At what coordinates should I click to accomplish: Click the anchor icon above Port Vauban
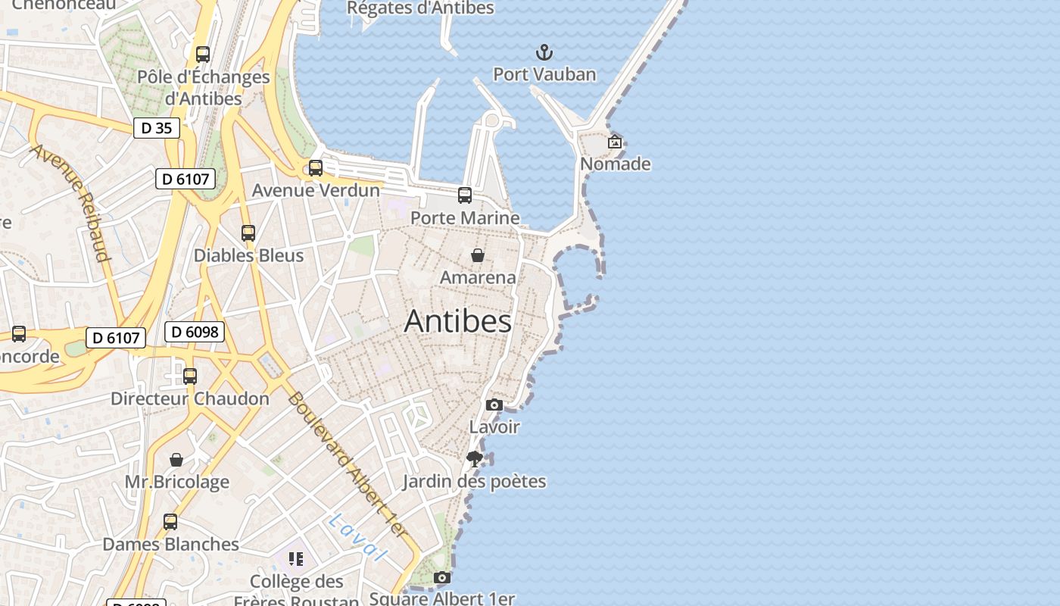pos(544,52)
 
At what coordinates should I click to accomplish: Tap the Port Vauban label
pos(544,74)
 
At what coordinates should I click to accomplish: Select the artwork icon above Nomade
pos(615,142)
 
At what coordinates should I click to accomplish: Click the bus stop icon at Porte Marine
pos(465,195)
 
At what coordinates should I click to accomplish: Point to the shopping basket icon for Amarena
pos(478,255)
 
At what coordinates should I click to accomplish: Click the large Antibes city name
pos(458,321)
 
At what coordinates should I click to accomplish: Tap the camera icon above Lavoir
pos(494,405)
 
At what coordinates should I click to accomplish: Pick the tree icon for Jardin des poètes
pos(475,459)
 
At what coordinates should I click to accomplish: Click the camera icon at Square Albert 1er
pos(442,578)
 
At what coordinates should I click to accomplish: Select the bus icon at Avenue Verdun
pos(316,168)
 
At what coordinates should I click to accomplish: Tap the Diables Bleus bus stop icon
pos(248,233)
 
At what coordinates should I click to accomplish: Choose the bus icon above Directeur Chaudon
pos(190,376)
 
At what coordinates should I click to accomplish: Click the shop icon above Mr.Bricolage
pos(176,460)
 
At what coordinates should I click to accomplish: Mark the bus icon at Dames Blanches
pos(170,522)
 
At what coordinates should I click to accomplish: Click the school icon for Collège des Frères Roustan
pos(296,559)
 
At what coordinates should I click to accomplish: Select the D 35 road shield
pos(157,128)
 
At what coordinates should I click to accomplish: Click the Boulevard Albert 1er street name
pos(348,466)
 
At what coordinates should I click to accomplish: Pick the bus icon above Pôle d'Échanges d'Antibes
pos(203,55)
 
